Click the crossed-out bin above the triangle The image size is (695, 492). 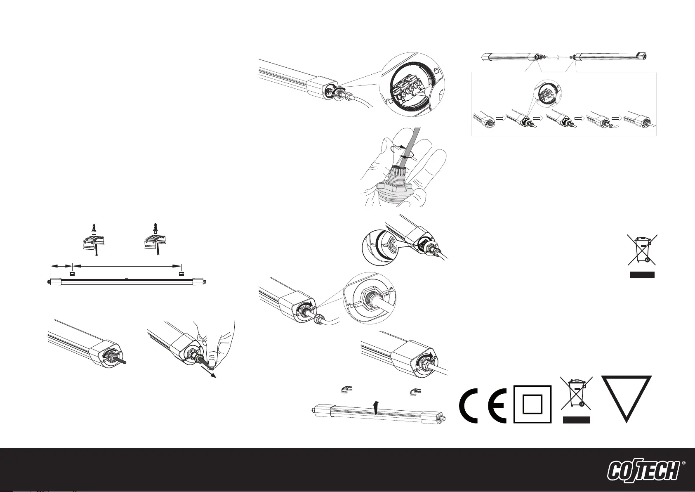pos(642,249)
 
